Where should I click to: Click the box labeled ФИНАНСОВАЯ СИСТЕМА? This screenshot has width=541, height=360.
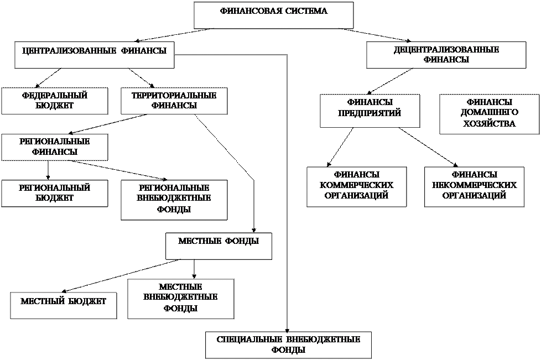[273, 15]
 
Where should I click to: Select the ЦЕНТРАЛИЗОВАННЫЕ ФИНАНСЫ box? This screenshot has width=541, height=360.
[94, 54]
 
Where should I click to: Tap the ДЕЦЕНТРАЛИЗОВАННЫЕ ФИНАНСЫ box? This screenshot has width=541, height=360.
[446, 55]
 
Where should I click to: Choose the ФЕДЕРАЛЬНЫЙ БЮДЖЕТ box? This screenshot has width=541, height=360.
[54, 101]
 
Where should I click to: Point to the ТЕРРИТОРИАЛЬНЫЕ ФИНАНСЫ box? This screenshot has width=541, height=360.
[174, 101]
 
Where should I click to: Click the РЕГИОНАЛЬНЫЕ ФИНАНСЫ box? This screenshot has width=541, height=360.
[54, 147]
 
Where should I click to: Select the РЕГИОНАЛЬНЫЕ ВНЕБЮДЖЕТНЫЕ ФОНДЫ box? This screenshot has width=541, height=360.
[174, 199]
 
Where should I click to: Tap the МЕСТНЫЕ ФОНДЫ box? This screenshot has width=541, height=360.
[219, 246]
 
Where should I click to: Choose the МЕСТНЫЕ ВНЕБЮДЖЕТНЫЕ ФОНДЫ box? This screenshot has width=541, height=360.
[180, 299]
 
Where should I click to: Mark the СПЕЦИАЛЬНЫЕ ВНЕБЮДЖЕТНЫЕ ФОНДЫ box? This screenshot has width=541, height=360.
[288, 345]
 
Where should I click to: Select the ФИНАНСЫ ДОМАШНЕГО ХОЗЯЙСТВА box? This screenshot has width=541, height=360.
[489, 113]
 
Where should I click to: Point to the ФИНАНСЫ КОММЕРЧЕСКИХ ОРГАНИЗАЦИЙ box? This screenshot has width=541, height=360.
[356, 186]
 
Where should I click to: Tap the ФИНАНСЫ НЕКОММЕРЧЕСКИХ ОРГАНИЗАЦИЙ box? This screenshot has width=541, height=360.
[474, 186]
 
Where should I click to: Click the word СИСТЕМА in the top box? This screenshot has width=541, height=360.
[306, 11]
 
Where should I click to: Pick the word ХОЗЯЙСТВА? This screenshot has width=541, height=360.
[489, 124]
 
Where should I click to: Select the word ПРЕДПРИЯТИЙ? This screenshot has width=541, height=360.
[370, 113]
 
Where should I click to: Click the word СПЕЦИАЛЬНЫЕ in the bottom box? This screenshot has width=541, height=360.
[249, 339]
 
